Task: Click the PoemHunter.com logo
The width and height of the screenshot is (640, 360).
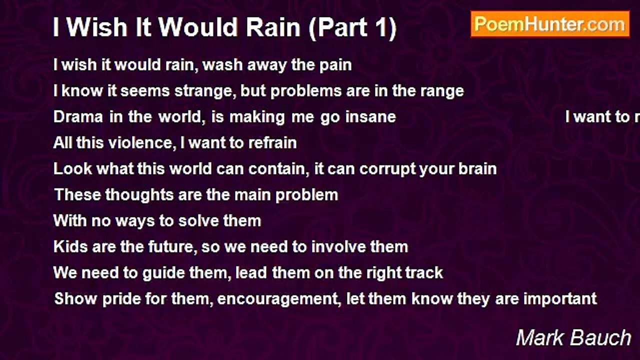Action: click(x=550, y=24)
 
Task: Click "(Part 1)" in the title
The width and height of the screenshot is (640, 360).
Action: click(x=352, y=27)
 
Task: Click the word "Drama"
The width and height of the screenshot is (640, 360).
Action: click(x=78, y=117)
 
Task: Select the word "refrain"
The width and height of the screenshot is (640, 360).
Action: click(x=272, y=142)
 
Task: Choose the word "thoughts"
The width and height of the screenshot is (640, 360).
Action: click(x=139, y=195)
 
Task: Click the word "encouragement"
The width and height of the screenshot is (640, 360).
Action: click(x=279, y=299)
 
